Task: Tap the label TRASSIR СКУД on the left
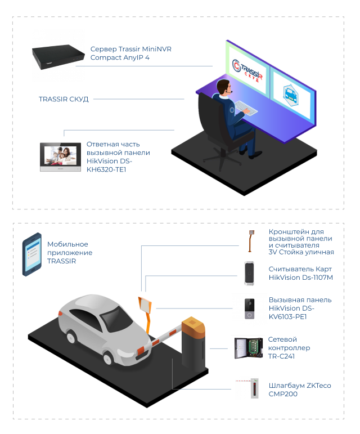coord(64,99)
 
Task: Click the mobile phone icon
coord(31,256)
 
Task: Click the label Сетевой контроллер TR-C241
coord(289,348)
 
